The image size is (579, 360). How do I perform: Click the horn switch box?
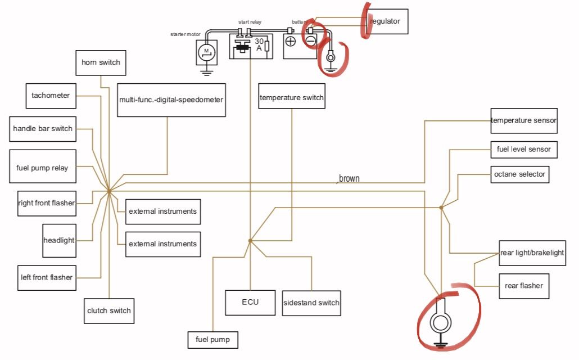point(101,62)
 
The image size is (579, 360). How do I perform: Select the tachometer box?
point(51,96)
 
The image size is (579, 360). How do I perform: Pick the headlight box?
point(59,240)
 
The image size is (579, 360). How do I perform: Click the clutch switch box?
point(109,310)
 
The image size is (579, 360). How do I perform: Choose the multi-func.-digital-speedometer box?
point(171,100)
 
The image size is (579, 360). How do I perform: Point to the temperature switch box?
point(292,98)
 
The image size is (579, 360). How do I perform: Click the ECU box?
point(250,303)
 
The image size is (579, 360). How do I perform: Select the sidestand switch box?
point(311,303)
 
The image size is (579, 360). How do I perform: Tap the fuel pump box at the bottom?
point(212,340)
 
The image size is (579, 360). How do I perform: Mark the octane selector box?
point(519,174)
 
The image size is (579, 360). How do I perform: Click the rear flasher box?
point(523,286)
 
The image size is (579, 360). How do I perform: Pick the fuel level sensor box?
point(524,150)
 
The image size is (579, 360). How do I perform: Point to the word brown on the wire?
point(349,179)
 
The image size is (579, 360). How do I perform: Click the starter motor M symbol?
point(206,52)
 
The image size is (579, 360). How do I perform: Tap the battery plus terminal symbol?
point(291,41)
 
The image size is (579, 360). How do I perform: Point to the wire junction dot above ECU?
point(250,241)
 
